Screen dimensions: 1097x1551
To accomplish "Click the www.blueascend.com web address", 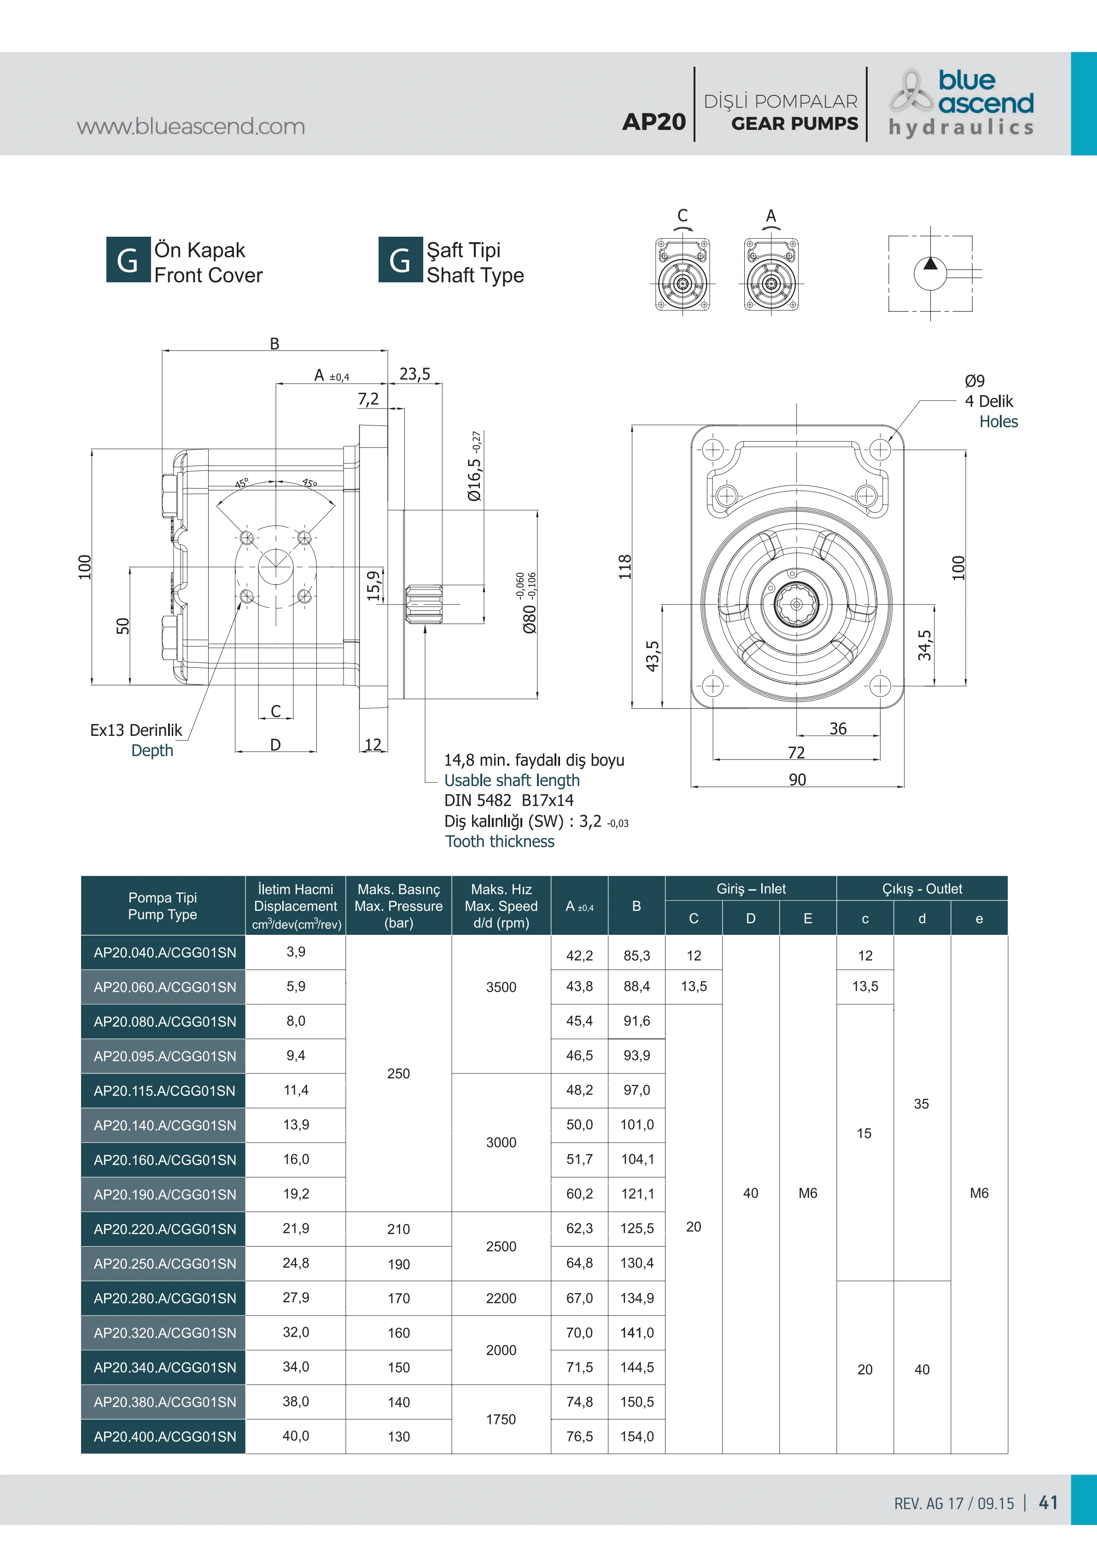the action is tap(191, 126).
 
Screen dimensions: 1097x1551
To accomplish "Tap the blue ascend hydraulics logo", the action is tap(961, 103).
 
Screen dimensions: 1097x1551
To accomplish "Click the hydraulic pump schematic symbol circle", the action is tap(931, 274).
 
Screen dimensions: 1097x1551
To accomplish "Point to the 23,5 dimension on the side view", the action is tap(415, 373).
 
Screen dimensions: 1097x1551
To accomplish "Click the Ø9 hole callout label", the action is tap(975, 381).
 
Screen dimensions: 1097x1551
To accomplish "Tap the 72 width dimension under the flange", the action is tap(796, 752).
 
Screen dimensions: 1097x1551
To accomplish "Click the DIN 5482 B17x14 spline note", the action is tap(508, 800).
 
